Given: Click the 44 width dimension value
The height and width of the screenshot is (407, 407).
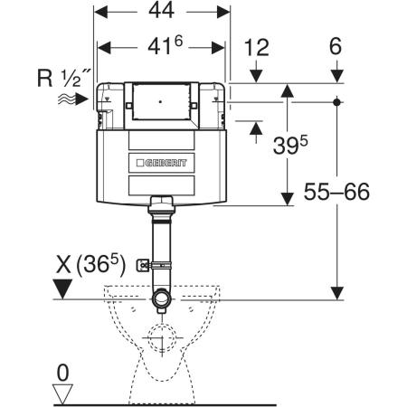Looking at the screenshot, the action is click(x=161, y=10).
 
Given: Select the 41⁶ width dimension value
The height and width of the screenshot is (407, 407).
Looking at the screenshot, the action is click(x=166, y=46).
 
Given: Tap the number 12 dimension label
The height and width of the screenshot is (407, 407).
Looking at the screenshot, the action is click(x=256, y=48).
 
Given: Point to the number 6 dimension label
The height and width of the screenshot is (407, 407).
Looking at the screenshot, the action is click(x=336, y=46).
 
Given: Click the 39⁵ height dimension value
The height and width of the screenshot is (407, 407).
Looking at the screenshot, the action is click(x=290, y=145).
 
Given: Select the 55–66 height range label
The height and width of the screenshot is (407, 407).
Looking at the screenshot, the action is click(x=336, y=192).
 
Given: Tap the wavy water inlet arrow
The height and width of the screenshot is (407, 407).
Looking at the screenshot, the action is click(x=73, y=99).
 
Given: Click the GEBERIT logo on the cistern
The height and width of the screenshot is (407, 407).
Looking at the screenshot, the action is click(x=162, y=163).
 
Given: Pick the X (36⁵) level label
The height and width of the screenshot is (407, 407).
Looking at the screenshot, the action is click(x=90, y=264).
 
